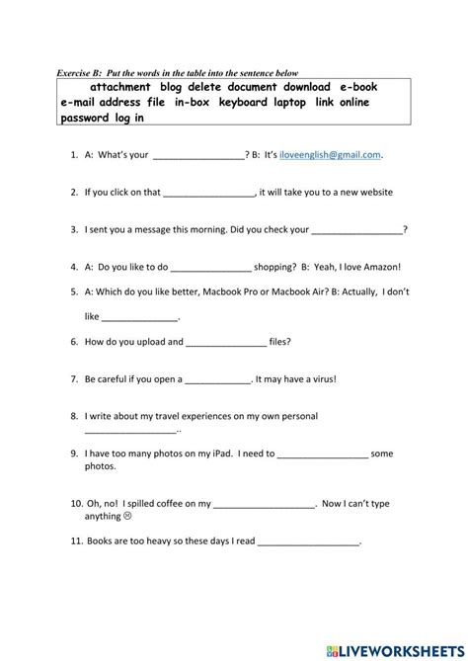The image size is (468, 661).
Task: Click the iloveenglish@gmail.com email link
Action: click(x=330, y=155)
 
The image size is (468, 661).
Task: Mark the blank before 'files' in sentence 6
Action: click(x=226, y=342)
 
